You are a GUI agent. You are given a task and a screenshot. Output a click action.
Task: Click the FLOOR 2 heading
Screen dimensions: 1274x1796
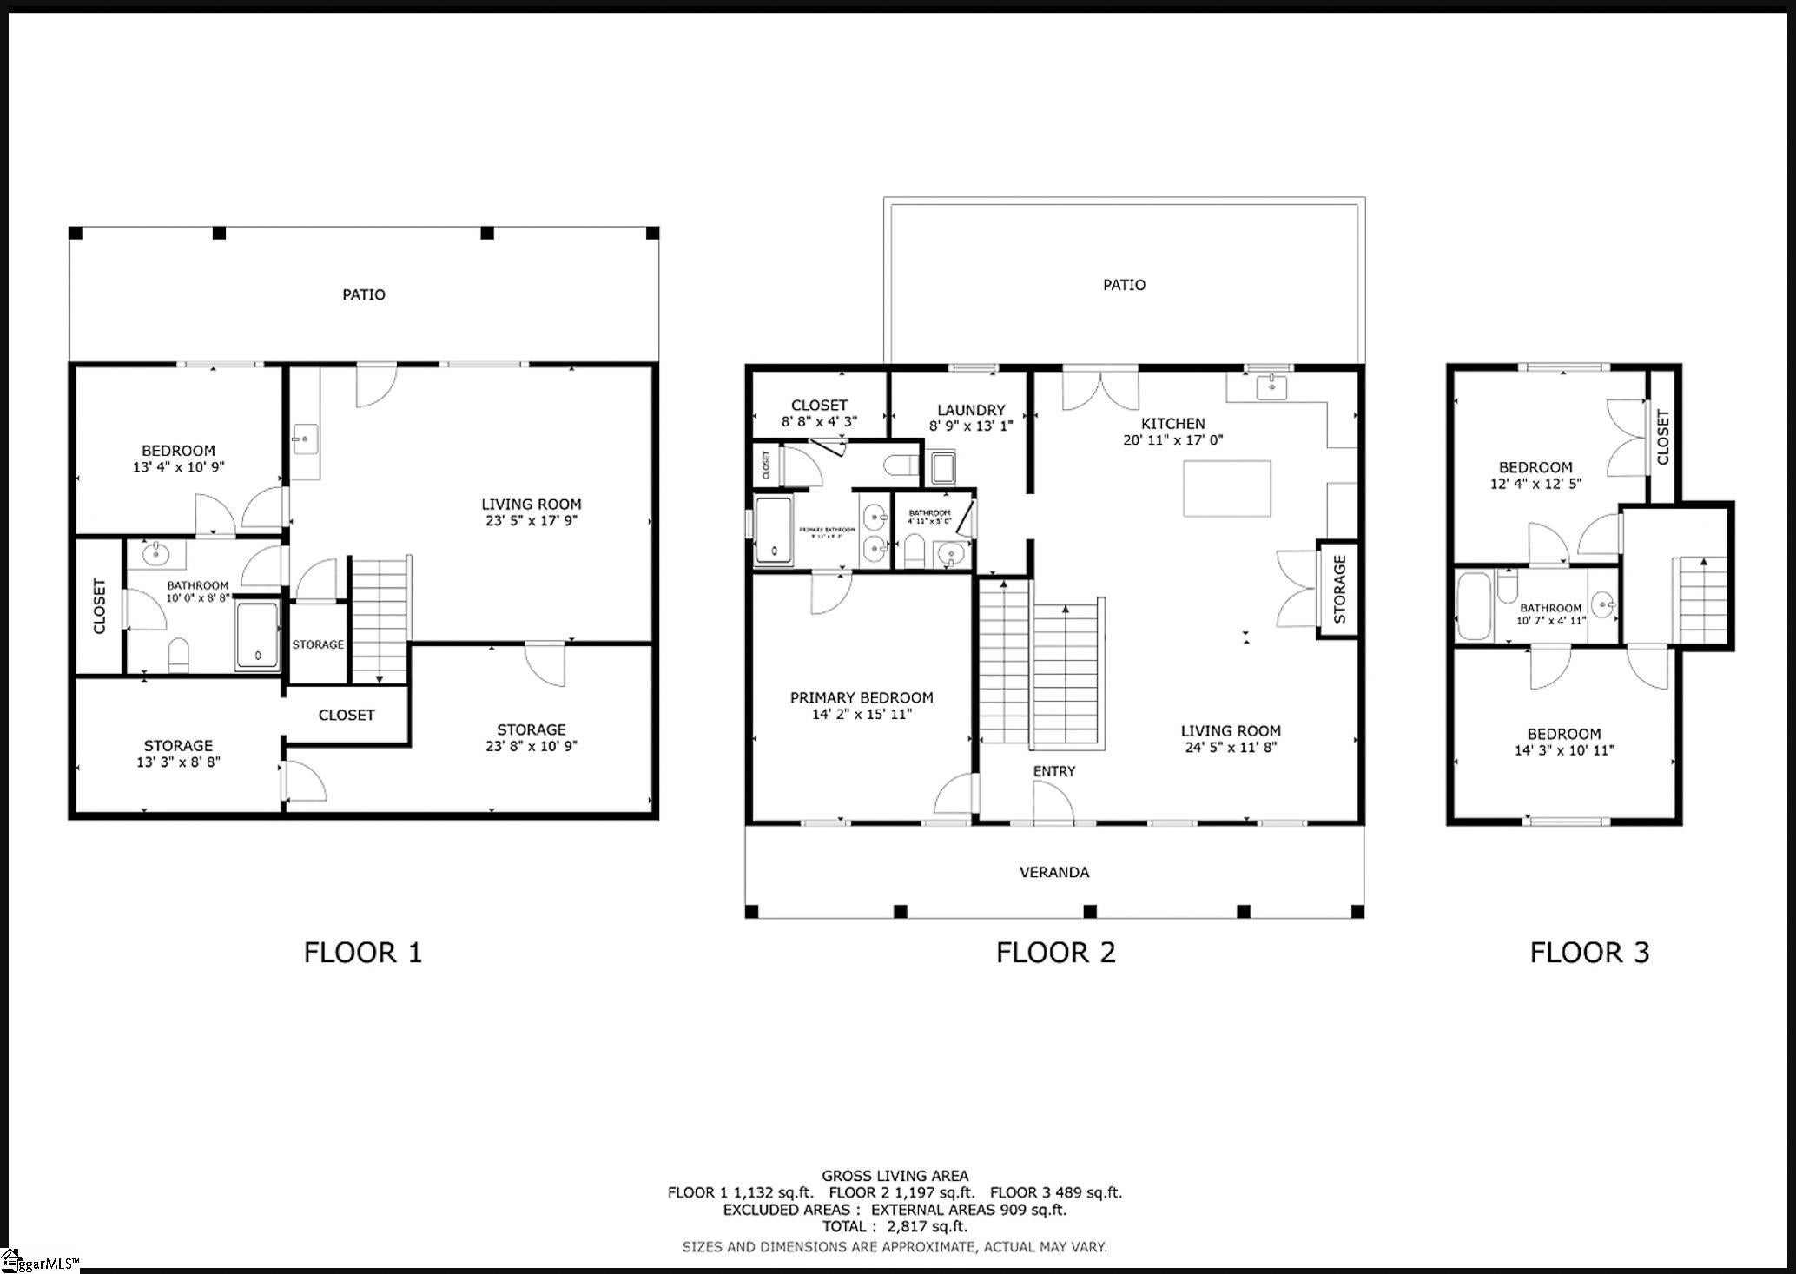pos(1055,953)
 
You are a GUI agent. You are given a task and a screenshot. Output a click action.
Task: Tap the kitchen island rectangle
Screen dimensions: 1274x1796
pos(1227,489)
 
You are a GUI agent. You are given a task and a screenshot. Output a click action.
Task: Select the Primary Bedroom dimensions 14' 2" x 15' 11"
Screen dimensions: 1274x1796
pos(862,715)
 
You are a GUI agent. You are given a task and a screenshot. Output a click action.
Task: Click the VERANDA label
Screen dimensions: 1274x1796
pos(1054,872)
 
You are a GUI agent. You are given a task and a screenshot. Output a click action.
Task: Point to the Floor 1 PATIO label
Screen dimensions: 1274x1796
pos(363,294)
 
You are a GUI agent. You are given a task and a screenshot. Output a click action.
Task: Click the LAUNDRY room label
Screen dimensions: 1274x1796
pos(971,410)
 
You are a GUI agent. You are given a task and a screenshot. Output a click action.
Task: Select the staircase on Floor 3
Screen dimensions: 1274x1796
pos(1701,599)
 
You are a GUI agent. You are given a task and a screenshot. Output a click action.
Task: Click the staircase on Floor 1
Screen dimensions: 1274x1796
pos(380,619)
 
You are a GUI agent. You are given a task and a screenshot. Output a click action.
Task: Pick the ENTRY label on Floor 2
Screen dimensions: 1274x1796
pos(1054,771)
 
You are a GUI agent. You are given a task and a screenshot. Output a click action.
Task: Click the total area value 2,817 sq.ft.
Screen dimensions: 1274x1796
pos(927,1226)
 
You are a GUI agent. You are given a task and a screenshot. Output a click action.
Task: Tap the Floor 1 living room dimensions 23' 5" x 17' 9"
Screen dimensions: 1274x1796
pos(531,521)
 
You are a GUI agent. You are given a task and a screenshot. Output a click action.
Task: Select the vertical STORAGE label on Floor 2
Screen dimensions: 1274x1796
pos(1339,590)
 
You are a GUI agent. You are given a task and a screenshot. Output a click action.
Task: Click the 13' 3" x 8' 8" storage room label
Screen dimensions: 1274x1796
pos(178,762)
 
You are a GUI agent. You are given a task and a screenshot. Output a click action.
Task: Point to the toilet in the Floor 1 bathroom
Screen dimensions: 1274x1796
pos(179,655)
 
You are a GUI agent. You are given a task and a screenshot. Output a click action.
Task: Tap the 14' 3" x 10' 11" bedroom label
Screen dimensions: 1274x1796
pos(1564,750)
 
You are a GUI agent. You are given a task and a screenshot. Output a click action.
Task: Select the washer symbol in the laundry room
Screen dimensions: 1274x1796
pos(942,467)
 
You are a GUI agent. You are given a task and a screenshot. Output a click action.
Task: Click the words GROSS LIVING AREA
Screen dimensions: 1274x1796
pos(895,1176)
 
